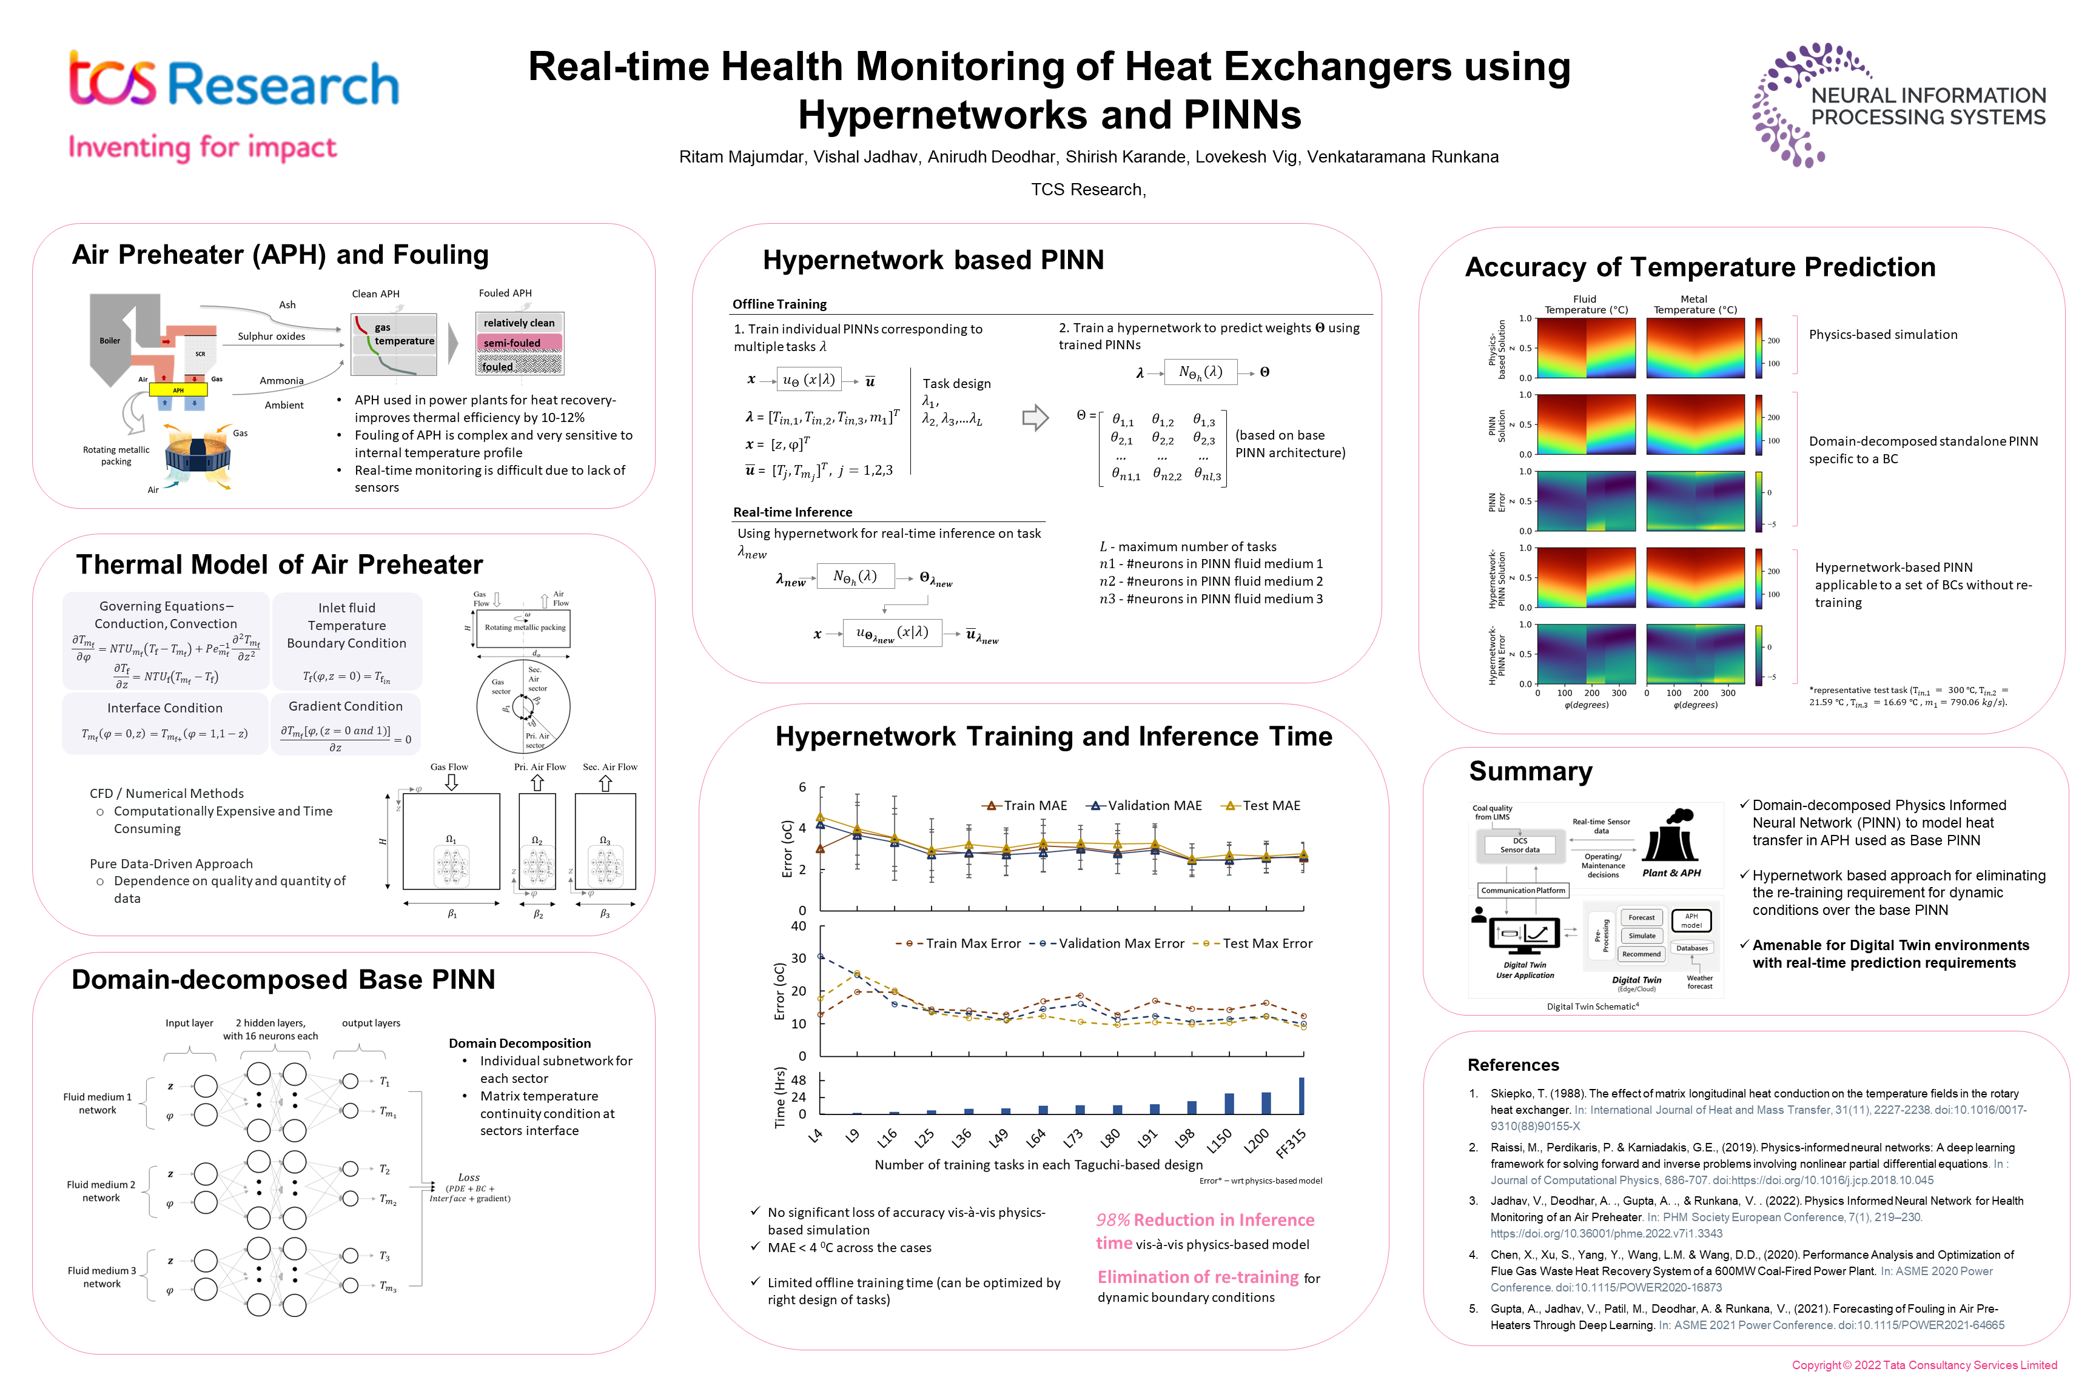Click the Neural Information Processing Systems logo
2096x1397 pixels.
pos(1898,105)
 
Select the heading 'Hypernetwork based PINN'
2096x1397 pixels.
pos(933,260)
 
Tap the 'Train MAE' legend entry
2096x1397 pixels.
pos(1025,805)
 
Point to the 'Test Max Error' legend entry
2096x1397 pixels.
pos(1257,943)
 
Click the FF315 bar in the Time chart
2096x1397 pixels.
pos(1301,1096)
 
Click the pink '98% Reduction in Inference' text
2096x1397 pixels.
pos(1205,1220)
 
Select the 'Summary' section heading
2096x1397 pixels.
pos(1530,771)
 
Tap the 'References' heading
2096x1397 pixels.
pos(1513,1065)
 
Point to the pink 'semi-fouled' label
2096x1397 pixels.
pos(513,343)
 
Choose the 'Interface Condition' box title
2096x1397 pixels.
pos(165,708)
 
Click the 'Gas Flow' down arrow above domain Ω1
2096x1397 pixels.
pos(452,782)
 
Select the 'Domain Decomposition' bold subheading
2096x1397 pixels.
pos(520,1044)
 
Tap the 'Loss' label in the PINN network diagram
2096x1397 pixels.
pos(469,1178)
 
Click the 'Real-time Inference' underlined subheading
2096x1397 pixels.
pos(792,512)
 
